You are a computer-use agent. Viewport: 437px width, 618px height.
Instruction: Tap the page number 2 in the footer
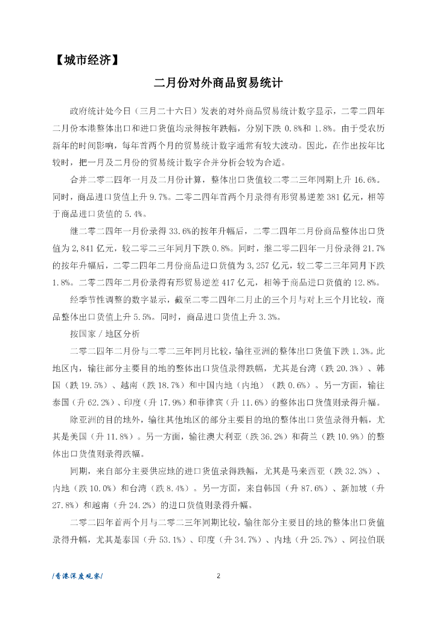point(218,575)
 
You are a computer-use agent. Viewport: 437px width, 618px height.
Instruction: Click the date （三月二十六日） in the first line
point(166,112)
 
